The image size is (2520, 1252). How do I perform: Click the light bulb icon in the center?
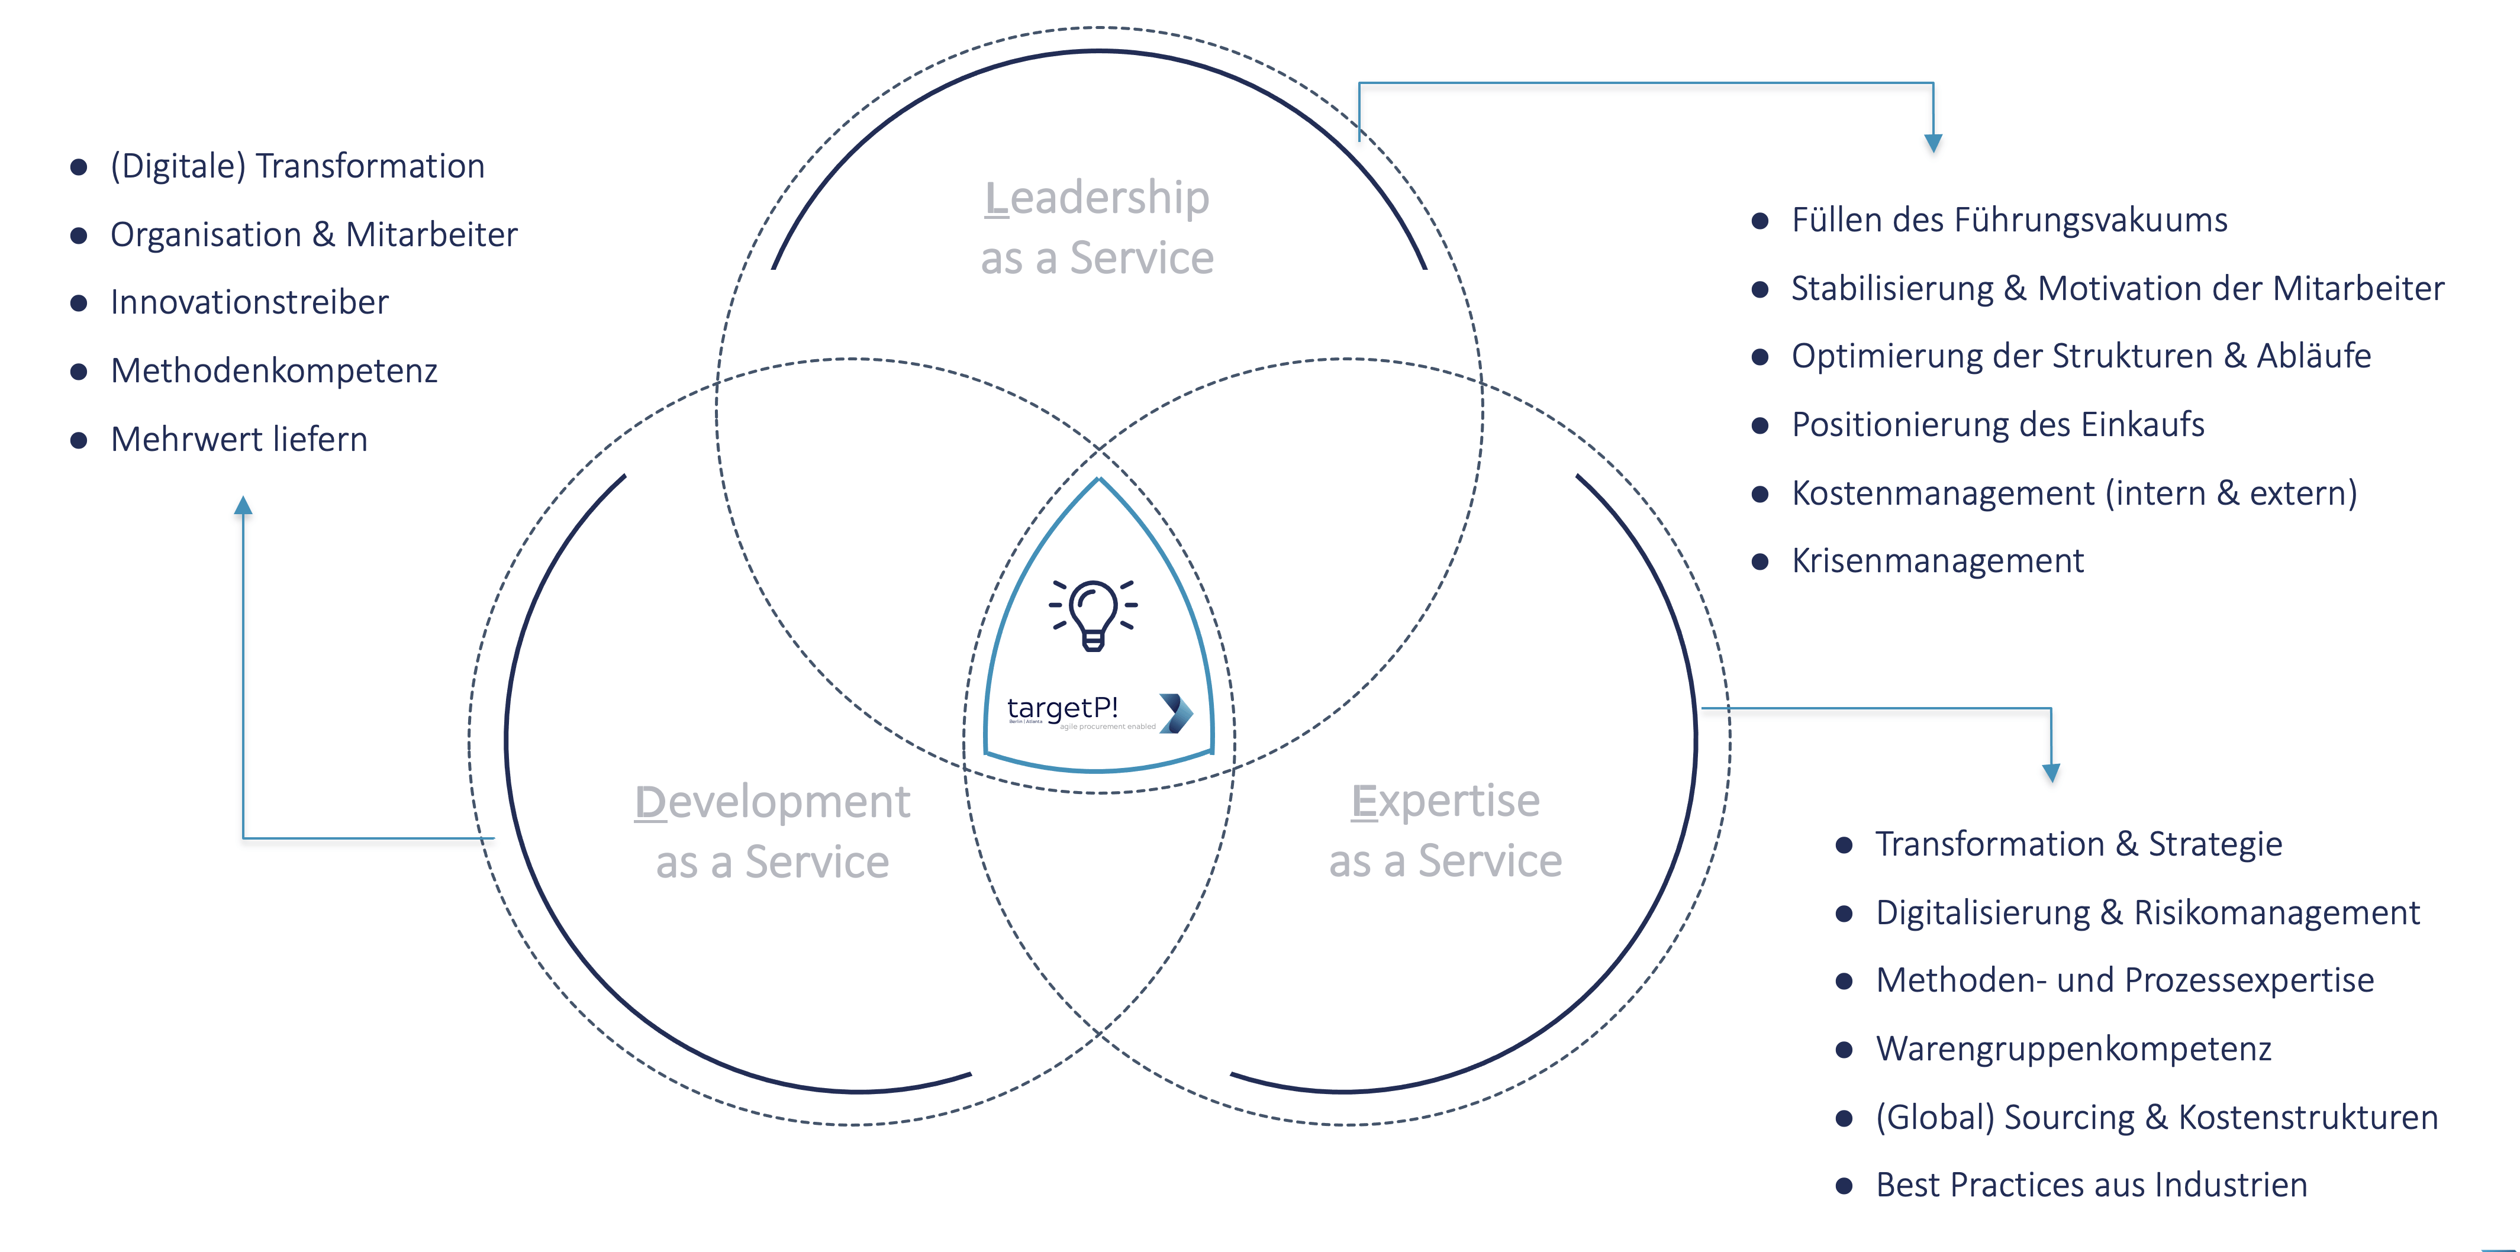1094,614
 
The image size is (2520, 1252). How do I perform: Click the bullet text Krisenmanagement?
1937,560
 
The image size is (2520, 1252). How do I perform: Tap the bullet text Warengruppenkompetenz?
2073,1048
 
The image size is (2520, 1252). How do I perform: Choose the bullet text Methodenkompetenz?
274,371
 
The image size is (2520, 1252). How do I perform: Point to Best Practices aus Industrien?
2090,1185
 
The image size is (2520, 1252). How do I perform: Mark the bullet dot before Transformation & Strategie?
1844,845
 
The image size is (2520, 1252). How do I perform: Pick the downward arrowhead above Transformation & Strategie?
2051,773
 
